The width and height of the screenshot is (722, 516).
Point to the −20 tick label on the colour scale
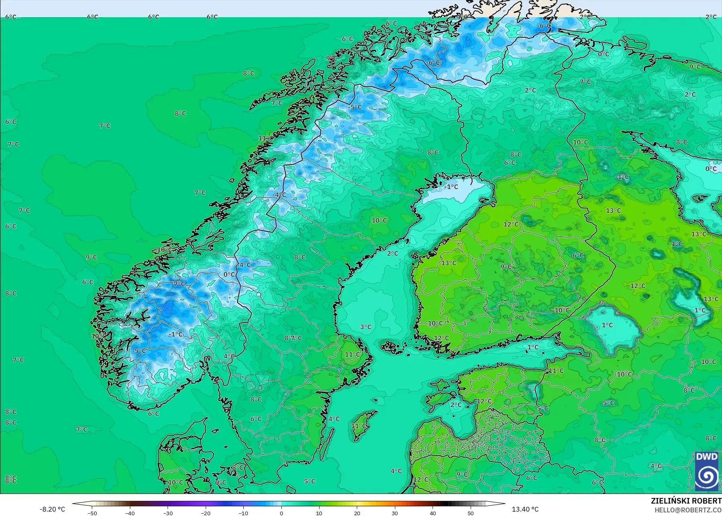[205, 513]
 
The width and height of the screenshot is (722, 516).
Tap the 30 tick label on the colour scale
[395, 513]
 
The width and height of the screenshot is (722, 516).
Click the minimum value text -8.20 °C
[52, 509]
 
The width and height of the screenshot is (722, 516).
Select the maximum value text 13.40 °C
[525, 509]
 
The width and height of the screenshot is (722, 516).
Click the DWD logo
[707, 471]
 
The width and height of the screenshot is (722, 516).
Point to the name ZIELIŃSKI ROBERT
[686, 501]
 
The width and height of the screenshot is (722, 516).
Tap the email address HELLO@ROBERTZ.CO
[688, 510]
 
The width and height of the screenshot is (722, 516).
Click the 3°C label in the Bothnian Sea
[366, 327]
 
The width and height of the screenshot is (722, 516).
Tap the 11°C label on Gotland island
[358, 426]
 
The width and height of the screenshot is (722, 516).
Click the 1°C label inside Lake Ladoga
[607, 325]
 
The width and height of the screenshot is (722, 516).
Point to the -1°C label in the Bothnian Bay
[451, 186]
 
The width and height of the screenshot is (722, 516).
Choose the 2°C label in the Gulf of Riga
[456, 405]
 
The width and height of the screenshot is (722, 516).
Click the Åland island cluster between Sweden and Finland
[391, 347]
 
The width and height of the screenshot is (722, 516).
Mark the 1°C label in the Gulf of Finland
[533, 347]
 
